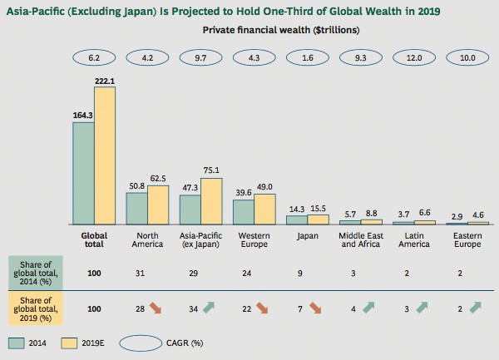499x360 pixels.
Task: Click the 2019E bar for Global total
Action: [x=105, y=155]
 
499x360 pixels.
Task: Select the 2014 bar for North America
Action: [x=137, y=209]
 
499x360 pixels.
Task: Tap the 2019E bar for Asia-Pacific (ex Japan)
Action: [x=211, y=201]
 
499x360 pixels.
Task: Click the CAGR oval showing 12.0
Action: [x=414, y=59]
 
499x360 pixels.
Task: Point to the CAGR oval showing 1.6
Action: [x=308, y=59]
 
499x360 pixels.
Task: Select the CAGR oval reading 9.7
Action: [x=201, y=59]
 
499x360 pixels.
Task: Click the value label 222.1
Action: [x=105, y=79]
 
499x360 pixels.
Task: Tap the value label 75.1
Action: [x=212, y=170]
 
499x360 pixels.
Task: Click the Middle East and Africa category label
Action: [x=361, y=240]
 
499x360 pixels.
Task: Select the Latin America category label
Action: [x=414, y=240]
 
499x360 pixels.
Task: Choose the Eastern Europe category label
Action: [x=467, y=240]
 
